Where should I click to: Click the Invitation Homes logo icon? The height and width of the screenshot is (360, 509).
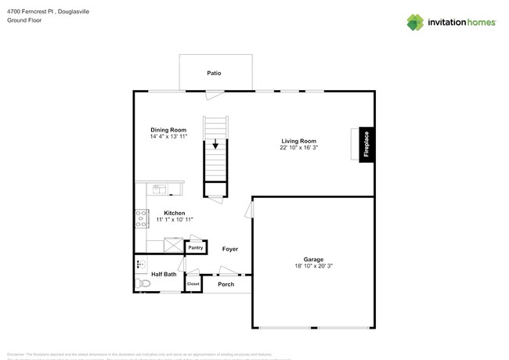tap(415, 22)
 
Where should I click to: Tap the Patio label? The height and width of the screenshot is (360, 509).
tap(214, 73)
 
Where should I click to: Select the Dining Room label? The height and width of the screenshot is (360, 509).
tap(168, 129)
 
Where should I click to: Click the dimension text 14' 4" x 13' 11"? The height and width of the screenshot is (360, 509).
tap(168, 137)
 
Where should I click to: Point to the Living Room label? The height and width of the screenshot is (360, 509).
tap(298, 141)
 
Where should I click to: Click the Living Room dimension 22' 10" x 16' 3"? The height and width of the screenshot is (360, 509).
tap(298, 148)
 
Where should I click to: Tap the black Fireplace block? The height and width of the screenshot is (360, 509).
tap(365, 145)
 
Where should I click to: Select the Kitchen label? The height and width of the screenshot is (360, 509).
tap(174, 213)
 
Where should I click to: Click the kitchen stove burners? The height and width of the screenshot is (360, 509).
tap(142, 218)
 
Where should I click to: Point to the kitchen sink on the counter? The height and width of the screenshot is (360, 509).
tap(158, 189)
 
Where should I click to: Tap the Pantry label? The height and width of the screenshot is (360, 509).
tap(195, 248)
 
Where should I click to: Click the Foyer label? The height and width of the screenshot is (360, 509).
tap(229, 249)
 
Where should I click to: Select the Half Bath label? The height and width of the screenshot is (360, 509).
tap(164, 274)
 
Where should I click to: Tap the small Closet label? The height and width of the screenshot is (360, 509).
tap(193, 283)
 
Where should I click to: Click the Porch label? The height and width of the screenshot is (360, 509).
tap(226, 284)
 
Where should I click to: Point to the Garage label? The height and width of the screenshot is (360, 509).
tap(313, 259)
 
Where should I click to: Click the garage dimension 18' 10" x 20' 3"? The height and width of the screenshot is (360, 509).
tap(313, 267)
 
